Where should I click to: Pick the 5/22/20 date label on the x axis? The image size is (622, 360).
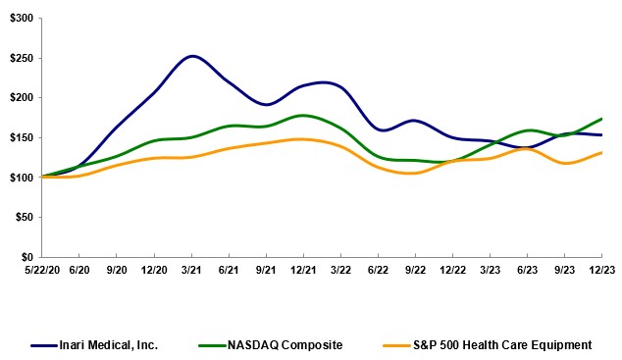42,269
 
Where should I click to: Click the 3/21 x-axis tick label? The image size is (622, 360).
191,269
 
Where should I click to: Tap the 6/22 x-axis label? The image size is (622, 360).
378,269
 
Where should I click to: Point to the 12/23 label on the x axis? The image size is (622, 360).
600,269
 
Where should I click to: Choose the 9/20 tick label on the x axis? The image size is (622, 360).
117,269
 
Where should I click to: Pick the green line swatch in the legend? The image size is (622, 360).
217,345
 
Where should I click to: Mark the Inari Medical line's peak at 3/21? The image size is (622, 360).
192,56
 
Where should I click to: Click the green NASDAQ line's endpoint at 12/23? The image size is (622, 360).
600,119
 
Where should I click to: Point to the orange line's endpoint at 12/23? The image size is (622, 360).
600,152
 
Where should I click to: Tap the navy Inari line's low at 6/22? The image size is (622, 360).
383,129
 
